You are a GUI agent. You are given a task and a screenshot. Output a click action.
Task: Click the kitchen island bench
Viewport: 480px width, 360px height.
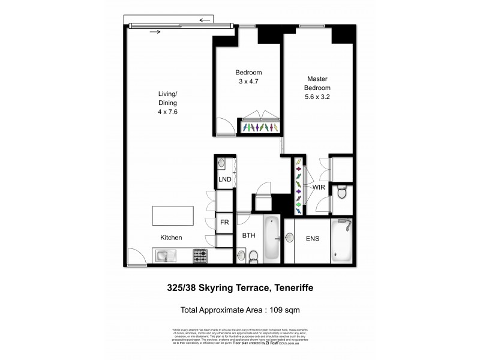pyautogui.click(x=173, y=215)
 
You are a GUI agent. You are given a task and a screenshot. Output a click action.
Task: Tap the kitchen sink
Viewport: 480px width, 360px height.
pyautogui.click(x=164, y=256)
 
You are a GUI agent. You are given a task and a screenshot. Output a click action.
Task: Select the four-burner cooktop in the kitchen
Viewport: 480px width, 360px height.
pyautogui.click(x=200, y=256)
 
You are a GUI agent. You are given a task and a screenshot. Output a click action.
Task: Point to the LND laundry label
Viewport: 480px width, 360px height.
pyautogui.click(x=224, y=180)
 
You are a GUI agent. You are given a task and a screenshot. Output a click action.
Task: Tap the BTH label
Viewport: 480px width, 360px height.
pyautogui.click(x=248, y=236)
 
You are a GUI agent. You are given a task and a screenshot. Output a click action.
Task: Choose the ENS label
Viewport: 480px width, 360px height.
pyautogui.click(x=312, y=238)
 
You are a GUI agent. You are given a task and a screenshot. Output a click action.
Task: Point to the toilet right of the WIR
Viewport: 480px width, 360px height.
pyautogui.click(x=341, y=193)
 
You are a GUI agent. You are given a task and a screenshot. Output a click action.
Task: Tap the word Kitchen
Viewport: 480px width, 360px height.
pyautogui.click(x=170, y=238)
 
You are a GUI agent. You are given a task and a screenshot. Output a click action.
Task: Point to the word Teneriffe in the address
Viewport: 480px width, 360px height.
pyautogui.click(x=294, y=288)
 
